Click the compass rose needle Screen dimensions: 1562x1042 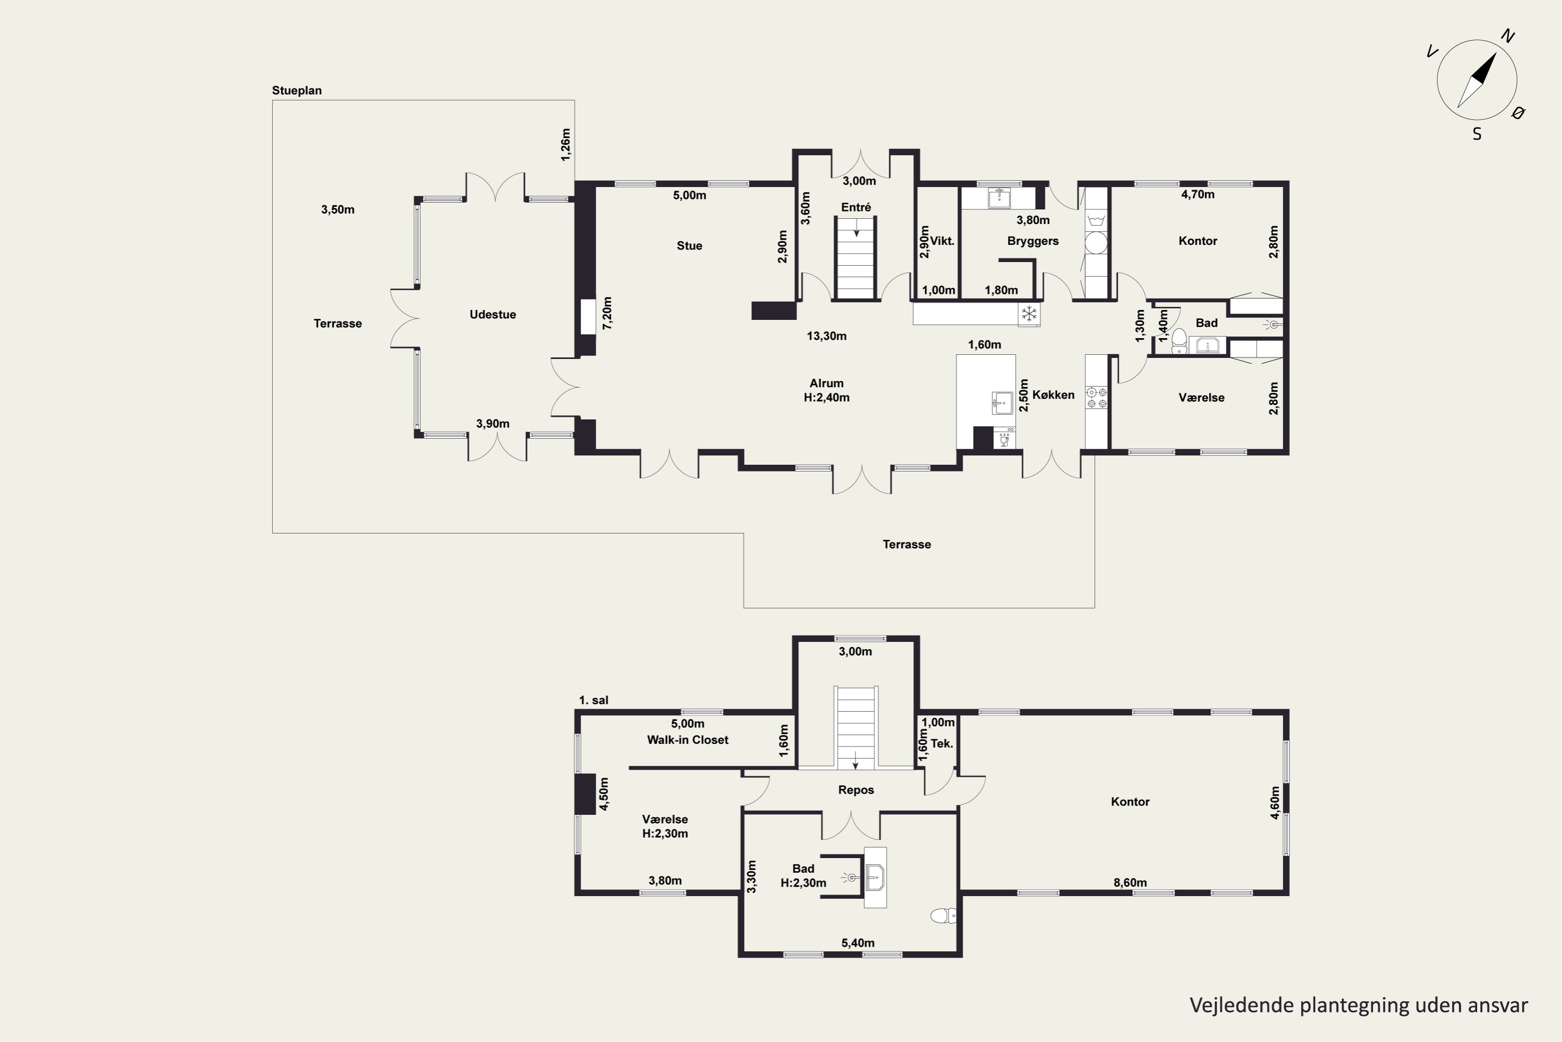click(x=1477, y=80)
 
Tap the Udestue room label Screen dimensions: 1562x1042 click(x=492, y=314)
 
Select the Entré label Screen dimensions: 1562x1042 click(x=855, y=207)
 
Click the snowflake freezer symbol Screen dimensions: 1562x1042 click(x=1029, y=314)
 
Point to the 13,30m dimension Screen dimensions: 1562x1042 click(x=826, y=336)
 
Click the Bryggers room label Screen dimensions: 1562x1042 click(x=1032, y=241)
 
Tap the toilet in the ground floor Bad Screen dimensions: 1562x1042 click(x=1179, y=340)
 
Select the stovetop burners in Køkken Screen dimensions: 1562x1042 click(x=1096, y=398)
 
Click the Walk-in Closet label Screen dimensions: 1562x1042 click(x=687, y=740)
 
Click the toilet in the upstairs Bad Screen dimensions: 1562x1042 click(x=943, y=916)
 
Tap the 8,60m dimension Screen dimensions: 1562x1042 click(x=1130, y=883)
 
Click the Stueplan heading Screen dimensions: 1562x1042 click(x=296, y=90)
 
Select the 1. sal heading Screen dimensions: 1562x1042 click(x=593, y=700)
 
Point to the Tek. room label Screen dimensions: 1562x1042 click(x=942, y=743)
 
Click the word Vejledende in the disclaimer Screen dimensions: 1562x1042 click(x=1242, y=1005)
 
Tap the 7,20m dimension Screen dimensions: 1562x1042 click(x=607, y=313)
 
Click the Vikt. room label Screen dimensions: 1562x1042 click(x=942, y=241)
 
